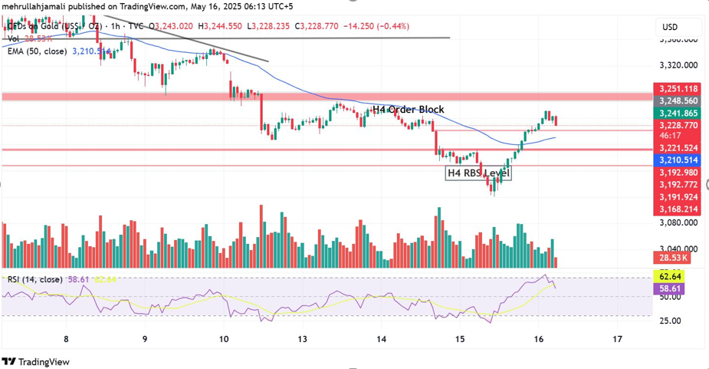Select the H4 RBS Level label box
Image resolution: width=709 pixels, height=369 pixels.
click(x=478, y=173)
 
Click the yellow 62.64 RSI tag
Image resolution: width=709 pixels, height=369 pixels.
click(x=669, y=276)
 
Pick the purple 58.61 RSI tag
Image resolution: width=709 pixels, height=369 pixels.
click(x=669, y=288)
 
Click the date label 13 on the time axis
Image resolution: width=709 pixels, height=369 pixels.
click(x=303, y=338)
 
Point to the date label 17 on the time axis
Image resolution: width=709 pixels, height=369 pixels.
click(x=618, y=338)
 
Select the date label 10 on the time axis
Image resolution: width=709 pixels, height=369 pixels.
click(x=224, y=338)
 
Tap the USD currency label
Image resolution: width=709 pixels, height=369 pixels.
click(x=669, y=28)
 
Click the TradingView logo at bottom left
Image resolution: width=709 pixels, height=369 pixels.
click(x=36, y=361)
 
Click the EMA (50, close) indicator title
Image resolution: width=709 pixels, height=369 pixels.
click(x=37, y=51)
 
